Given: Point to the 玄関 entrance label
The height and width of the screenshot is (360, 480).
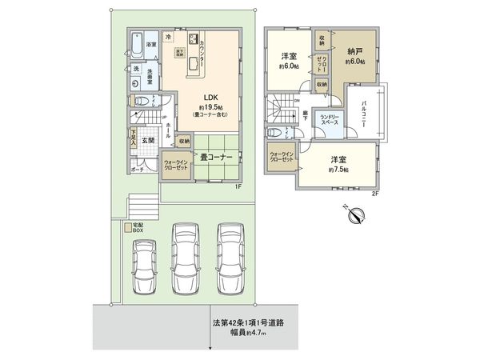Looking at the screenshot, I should pos(148,141).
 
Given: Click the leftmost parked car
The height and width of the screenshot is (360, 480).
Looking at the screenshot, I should pos(144,262).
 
